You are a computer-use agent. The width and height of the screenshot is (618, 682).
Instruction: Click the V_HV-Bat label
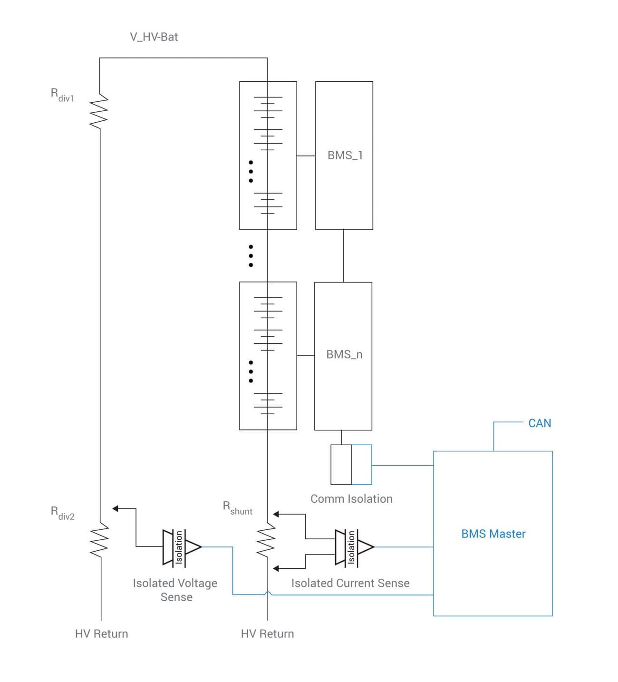(x=154, y=37)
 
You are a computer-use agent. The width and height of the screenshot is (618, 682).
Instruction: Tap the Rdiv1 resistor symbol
(x=99, y=111)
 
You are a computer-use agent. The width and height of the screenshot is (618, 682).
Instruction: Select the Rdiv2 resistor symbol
(x=100, y=539)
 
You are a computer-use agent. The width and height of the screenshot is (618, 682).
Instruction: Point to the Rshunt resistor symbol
(x=267, y=540)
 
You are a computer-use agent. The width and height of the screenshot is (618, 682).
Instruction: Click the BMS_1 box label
(x=345, y=156)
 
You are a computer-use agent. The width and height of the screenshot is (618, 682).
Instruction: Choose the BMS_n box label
(x=344, y=355)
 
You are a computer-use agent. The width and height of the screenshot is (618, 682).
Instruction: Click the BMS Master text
(x=493, y=534)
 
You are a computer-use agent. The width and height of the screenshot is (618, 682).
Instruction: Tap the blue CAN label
(x=540, y=423)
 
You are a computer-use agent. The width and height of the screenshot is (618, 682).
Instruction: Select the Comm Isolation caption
(x=351, y=499)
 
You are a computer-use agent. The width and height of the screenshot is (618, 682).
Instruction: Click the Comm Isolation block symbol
(x=351, y=465)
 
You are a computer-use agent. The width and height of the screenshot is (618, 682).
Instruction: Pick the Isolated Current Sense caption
(x=350, y=583)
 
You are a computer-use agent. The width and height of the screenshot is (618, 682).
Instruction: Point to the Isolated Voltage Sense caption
(x=175, y=590)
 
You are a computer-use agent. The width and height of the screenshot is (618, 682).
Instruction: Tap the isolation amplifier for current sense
(x=354, y=547)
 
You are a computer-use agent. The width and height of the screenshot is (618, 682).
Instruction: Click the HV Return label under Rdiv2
(x=101, y=634)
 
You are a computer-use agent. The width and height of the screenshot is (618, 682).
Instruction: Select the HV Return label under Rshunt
(x=267, y=634)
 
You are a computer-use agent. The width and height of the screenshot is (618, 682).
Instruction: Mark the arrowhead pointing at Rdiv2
(x=115, y=508)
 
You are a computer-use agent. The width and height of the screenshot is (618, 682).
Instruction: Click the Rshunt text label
(x=237, y=508)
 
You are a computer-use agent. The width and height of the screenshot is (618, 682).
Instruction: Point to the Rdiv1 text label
(x=62, y=95)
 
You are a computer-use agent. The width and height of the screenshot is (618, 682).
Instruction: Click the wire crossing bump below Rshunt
(x=268, y=593)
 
